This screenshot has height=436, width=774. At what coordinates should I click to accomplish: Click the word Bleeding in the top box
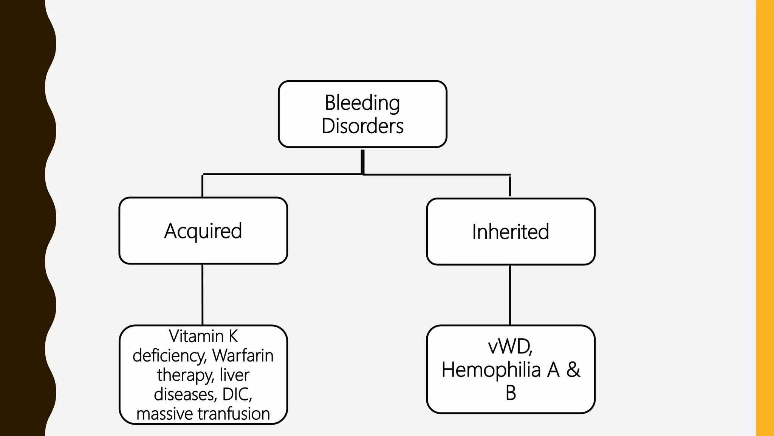click(x=362, y=103)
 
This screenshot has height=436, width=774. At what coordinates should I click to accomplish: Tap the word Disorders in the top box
click(x=362, y=126)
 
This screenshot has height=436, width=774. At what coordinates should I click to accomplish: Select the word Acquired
click(x=203, y=231)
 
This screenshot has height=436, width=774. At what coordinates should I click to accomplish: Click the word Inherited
click(x=510, y=232)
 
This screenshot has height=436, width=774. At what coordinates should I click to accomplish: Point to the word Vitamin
click(x=196, y=336)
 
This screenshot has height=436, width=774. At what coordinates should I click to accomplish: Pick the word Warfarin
click(x=243, y=355)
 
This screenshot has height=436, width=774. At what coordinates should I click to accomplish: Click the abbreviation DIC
click(x=236, y=394)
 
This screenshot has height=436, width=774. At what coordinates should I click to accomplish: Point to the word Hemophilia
click(x=491, y=369)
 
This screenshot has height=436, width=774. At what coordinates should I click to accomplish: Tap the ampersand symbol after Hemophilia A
click(x=573, y=369)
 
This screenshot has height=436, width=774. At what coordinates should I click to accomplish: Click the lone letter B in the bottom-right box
click(x=511, y=393)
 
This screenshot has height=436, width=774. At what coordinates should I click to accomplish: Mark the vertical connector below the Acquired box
click(x=203, y=294)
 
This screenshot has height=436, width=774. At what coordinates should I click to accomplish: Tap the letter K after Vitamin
click(x=233, y=336)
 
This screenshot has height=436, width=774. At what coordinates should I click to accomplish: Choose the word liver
click(x=234, y=375)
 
